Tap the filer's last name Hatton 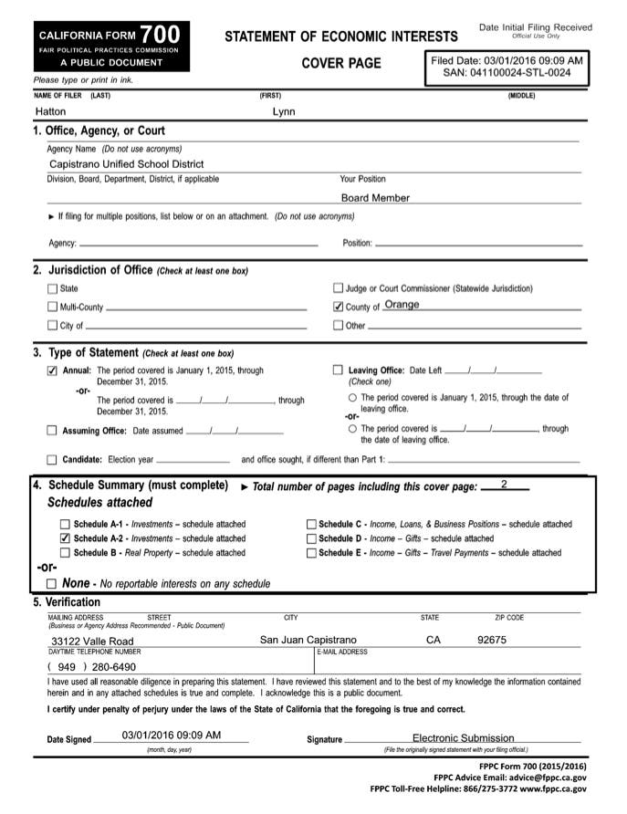(x=50, y=111)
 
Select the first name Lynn (x=284, y=111)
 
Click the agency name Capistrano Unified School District (x=127, y=164)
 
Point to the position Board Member (x=375, y=197)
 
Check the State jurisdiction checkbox (x=52, y=288)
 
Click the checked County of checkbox (x=339, y=307)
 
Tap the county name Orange (x=402, y=305)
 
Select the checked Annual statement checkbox (x=52, y=370)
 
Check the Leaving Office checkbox (x=339, y=370)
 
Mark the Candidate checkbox (x=52, y=459)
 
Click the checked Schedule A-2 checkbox (x=65, y=538)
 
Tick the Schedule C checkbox (x=311, y=525)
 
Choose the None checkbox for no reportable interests (x=52, y=583)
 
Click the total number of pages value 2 (x=504, y=484)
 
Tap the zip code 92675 (x=492, y=640)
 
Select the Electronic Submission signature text (x=463, y=737)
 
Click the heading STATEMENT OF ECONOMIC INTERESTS (x=340, y=37)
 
